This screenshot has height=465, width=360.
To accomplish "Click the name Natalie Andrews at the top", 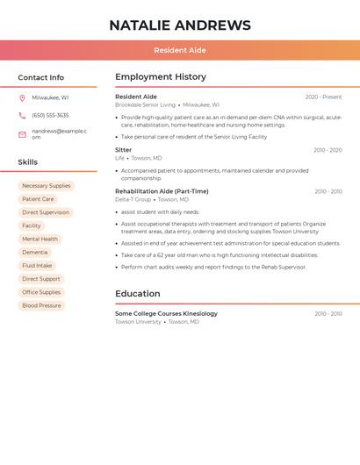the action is pos(179,25).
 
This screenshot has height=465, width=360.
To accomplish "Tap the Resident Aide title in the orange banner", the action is pos(179,50).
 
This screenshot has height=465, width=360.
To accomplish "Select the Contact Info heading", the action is pos(40,77).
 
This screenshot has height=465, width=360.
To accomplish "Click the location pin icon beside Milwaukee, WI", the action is pos(22,98).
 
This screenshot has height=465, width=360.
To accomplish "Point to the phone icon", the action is pos(22,115).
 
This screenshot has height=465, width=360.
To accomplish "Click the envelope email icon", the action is pos(22,134).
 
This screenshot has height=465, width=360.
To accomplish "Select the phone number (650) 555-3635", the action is pos(50,115).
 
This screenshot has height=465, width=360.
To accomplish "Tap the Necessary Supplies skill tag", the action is pos(47,186).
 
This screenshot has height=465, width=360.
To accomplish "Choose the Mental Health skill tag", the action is pos(40,239).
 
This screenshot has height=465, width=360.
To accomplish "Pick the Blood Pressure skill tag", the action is pos(41,305).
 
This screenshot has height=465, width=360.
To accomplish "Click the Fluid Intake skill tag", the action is pos(37,266).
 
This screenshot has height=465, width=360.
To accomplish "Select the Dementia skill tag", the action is pos(35,253).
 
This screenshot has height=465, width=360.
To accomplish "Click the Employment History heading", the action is pos(161,77).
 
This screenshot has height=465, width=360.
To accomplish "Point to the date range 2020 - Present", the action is pos(323,97).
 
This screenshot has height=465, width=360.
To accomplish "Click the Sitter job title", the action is pos(124,150).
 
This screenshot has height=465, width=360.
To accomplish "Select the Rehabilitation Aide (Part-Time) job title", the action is pos(162,191).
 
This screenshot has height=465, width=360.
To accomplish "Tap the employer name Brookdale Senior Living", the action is pos(145,104).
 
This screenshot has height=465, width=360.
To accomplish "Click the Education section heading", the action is pos(138,294).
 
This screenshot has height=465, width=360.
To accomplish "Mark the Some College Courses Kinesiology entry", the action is pos(166,313).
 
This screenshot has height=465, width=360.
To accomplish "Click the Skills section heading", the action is pos(27,162).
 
